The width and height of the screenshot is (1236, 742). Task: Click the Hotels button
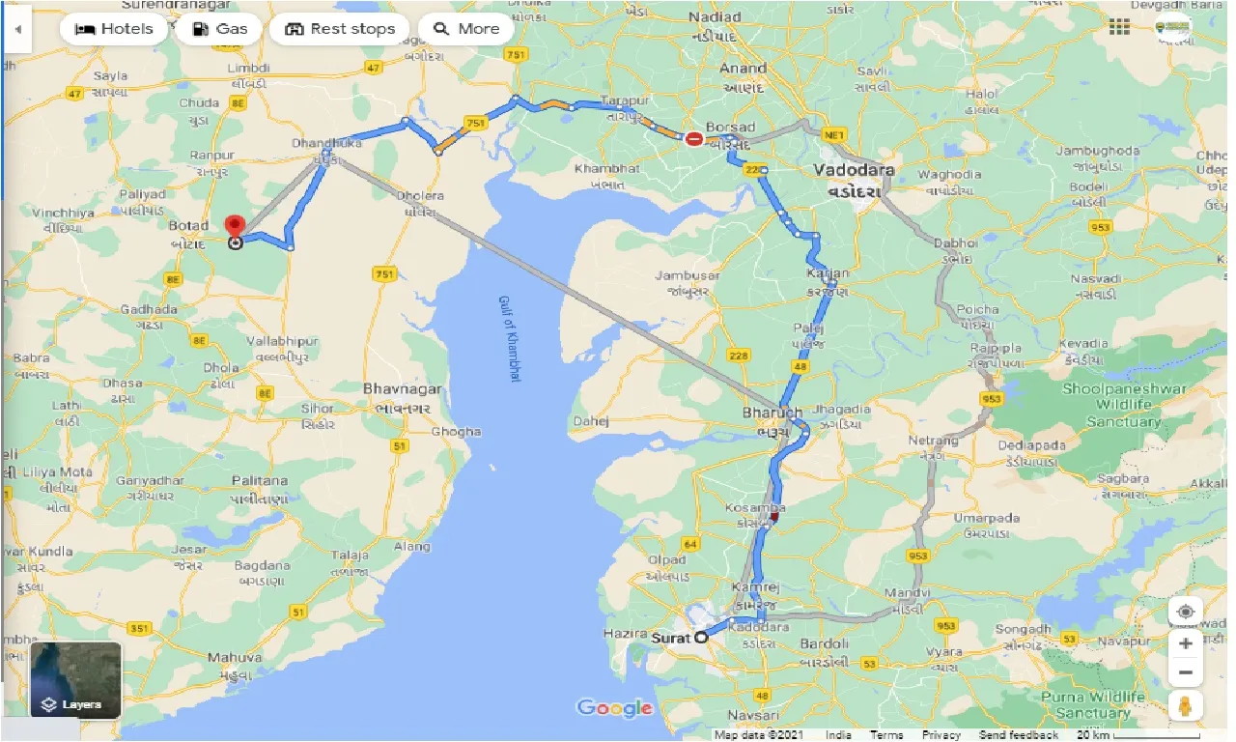[x=114, y=29]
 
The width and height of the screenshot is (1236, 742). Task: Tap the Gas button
[x=220, y=29]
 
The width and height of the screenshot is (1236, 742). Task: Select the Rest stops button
[x=341, y=29]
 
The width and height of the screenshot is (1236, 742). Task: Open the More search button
[x=466, y=29]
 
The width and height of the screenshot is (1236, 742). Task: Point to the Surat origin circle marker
[x=701, y=637]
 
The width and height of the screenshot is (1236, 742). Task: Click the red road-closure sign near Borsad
[x=694, y=139]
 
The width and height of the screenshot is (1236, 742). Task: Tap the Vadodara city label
[x=853, y=170]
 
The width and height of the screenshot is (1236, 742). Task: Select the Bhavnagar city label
[x=403, y=388]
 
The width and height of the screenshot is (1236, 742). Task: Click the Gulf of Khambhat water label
[x=509, y=338]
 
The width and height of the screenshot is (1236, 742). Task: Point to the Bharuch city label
[x=772, y=413]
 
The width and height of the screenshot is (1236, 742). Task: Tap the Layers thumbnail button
[x=76, y=679]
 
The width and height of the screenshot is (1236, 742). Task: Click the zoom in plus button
[x=1186, y=642]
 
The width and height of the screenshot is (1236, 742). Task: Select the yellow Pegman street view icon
[x=1186, y=706]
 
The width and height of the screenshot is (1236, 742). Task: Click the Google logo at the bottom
[x=614, y=708]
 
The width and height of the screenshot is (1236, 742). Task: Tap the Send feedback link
[x=1018, y=735]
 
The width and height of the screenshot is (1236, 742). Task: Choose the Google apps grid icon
[x=1119, y=27]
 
